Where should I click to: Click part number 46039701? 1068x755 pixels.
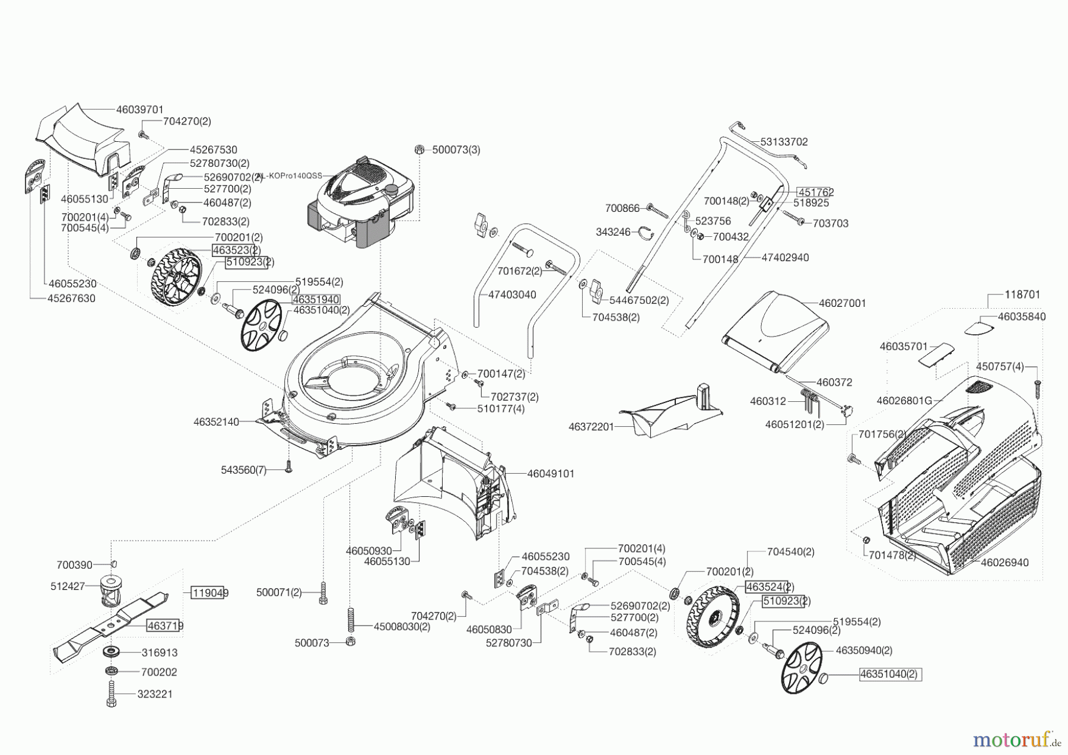click(139, 110)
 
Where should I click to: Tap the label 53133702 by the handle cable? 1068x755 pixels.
click(784, 142)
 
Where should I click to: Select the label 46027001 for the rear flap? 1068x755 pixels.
click(842, 303)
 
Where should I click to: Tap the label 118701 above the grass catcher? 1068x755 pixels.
click(1022, 294)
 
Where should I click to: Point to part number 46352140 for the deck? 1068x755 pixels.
click(216, 422)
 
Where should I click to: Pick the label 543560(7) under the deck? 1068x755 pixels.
click(244, 470)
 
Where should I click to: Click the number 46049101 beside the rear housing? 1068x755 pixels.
click(551, 474)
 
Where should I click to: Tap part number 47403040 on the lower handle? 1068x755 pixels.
click(512, 294)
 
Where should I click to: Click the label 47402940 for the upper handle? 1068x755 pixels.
click(785, 258)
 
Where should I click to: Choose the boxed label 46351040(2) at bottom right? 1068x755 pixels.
click(891, 674)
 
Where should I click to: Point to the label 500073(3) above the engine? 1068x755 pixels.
click(456, 150)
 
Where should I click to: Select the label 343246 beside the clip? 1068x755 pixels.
click(613, 232)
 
